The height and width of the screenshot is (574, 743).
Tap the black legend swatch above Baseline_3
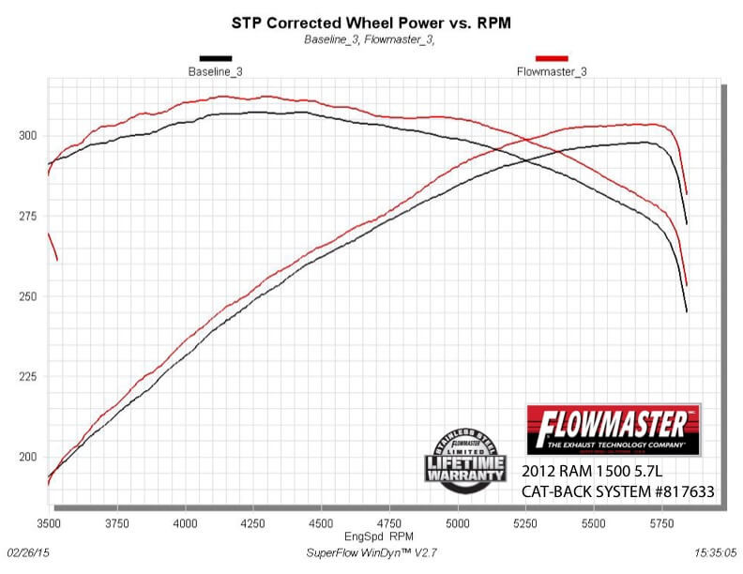coord(215,58)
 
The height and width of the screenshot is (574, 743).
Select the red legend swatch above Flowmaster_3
coord(551,58)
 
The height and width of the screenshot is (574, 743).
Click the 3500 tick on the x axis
coord(49,521)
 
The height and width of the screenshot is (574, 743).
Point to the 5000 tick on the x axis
coord(458,521)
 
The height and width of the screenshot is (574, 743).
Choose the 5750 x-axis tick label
coord(662,521)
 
